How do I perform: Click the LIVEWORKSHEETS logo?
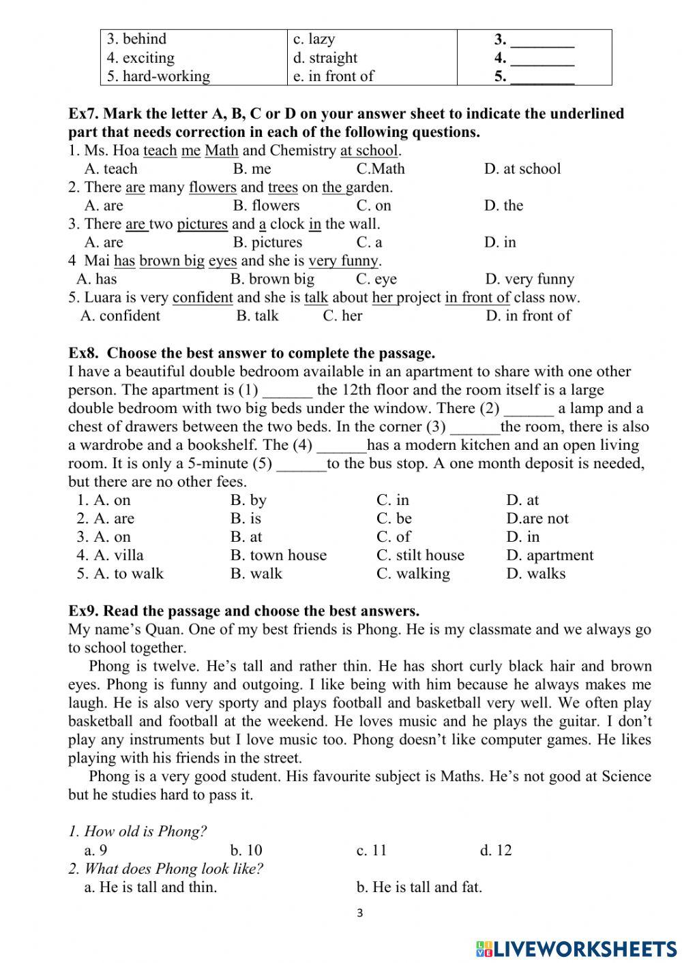point(576,948)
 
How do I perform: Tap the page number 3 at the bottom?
point(359,913)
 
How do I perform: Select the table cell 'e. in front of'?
point(333,76)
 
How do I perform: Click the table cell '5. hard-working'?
point(158,76)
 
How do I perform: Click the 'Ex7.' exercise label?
point(83,114)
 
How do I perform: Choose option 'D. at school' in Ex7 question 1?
point(522,169)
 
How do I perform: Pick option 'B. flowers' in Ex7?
point(266,206)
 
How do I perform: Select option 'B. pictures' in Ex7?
point(267,243)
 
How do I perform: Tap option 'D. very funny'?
point(529,279)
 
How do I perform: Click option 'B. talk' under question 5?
point(257,316)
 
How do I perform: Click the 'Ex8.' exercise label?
point(84,354)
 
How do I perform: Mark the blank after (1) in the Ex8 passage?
point(287,391)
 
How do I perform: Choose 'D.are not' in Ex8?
point(537,519)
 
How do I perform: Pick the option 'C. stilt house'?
point(419,555)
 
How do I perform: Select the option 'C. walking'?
point(413,574)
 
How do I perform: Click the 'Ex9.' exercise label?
point(83,611)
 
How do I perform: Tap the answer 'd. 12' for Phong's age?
point(495,851)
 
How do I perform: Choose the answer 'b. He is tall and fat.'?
point(419,887)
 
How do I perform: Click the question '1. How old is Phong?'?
point(138,831)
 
